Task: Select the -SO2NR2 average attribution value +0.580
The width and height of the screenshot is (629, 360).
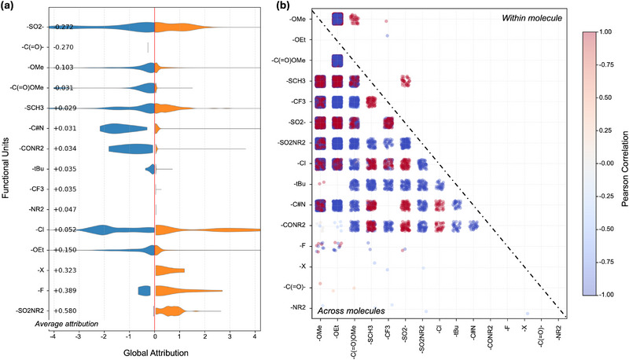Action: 64,310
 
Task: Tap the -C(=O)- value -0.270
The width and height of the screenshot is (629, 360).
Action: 64,47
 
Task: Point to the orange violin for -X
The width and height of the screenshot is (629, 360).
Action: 170,270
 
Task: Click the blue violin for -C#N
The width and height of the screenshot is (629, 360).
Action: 123,128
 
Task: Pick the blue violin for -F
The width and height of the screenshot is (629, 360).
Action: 144,291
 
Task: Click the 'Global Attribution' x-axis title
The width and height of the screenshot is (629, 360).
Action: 156,353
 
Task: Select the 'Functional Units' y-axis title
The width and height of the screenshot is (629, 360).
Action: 6,168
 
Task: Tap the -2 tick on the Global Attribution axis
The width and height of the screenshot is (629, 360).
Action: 104,336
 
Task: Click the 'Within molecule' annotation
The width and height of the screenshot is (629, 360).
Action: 532,18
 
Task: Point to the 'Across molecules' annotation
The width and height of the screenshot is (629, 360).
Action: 351,310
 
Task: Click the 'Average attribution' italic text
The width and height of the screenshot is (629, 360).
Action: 67,324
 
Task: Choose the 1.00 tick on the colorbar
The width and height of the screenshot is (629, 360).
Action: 605,31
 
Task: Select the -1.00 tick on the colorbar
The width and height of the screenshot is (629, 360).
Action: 605,295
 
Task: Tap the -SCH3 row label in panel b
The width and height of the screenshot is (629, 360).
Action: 296,81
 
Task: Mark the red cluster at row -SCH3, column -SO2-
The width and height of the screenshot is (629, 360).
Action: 406,81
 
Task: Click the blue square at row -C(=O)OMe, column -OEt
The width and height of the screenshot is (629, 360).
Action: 338,61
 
